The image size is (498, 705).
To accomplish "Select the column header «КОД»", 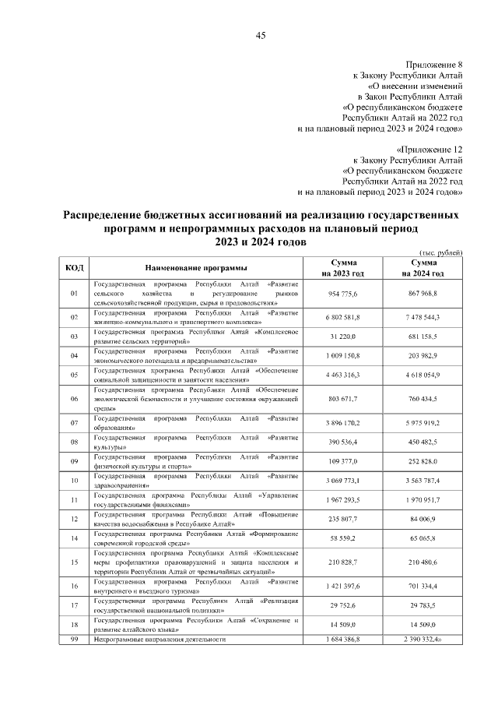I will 75,267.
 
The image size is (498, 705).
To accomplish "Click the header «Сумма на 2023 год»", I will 343,268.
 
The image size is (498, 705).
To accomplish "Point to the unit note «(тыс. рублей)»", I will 441,253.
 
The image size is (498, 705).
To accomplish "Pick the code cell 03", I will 75,337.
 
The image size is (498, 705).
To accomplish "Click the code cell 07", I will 75,423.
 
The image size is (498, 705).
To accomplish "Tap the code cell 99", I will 75,640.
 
